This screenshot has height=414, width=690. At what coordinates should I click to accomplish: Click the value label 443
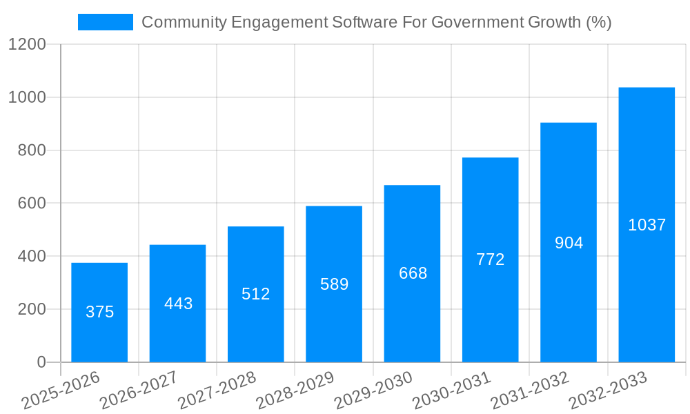click(178, 304)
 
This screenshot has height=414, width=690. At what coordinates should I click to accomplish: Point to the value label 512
click(256, 294)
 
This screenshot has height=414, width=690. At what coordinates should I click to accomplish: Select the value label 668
click(413, 273)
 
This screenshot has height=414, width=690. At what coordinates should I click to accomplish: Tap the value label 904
click(569, 243)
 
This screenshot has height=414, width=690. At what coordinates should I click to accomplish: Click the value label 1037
click(647, 225)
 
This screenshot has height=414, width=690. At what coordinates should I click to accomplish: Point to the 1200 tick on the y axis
click(27, 45)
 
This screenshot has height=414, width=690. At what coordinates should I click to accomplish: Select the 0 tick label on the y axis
click(41, 362)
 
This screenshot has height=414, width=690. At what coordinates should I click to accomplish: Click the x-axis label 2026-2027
click(139, 391)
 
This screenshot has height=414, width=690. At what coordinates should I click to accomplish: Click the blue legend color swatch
click(106, 22)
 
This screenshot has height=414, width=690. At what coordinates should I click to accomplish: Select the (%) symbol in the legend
click(598, 22)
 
